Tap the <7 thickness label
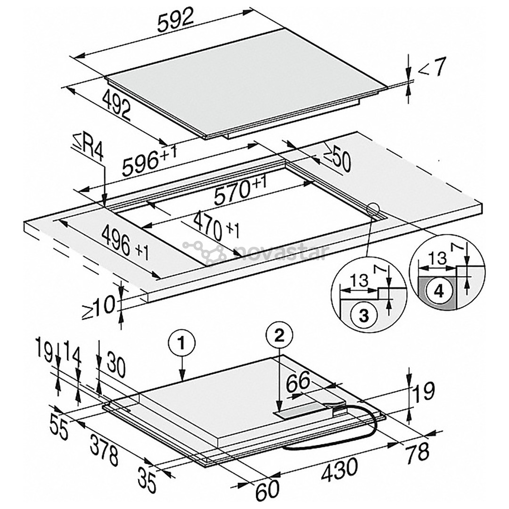pyautogui.click(x=432, y=69)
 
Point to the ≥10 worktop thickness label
pyautogui.click(x=99, y=307)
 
